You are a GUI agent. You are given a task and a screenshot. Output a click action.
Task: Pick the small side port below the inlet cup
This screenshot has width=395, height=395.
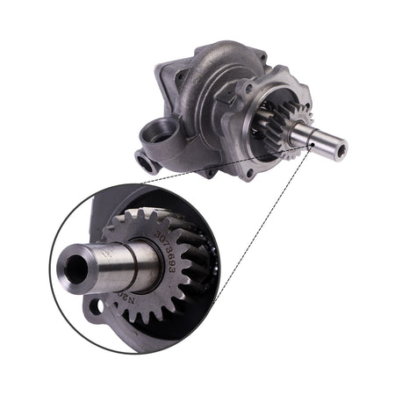[x=143, y=161]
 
